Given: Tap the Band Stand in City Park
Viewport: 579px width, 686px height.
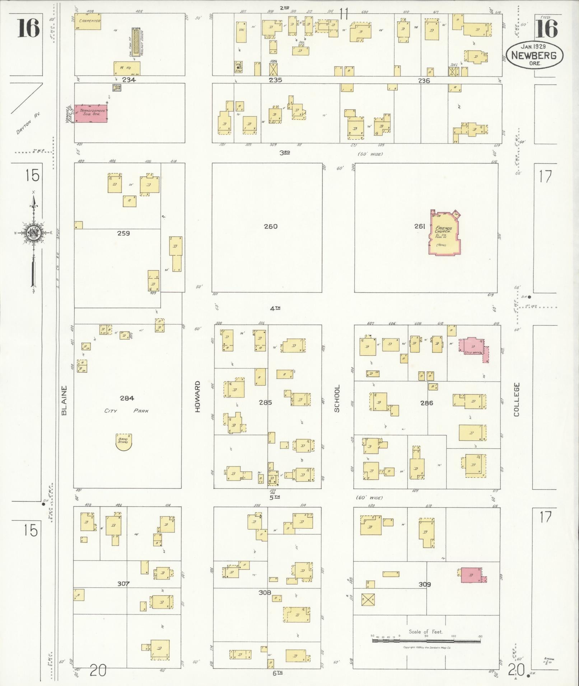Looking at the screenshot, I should coord(123,441).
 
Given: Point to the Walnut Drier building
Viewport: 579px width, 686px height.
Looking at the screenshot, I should coord(136,42).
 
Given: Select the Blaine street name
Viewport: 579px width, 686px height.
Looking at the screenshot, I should coord(64,401).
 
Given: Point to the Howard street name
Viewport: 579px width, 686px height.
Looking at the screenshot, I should coord(197,397).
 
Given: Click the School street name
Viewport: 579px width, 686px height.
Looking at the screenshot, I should coord(337,399).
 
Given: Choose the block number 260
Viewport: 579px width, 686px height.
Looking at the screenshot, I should coord(271,226).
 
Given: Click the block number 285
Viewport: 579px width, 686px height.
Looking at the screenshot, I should coord(265,402).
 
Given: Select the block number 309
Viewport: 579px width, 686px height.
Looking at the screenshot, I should coord(424,584).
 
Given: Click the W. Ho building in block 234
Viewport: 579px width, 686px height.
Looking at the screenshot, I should coord(127,68).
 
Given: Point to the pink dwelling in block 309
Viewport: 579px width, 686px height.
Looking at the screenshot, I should coord(471,575).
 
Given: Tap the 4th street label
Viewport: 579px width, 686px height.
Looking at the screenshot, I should coord(275,308).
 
